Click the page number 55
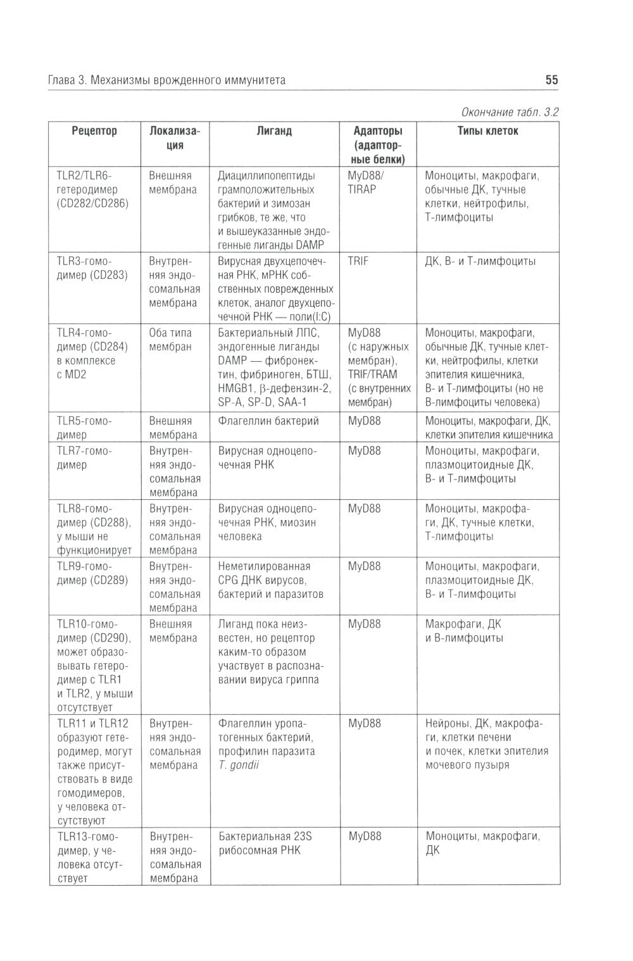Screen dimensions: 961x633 pyautogui.click(x=551, y=80)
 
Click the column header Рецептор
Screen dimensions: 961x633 pyautogui.click(x=94, y=131)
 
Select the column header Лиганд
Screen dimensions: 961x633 pyautogui.click(x=274, y=131)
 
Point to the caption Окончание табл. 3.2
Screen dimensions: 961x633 pyautogui.click(x=510, y=113)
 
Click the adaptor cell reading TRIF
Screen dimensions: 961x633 pyautogui.click(x=358, y=261)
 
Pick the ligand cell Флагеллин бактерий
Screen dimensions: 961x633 pyautogui.click(x=268, y=421)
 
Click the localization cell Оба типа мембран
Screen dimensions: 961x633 pyautogui.click(x=170, y=340)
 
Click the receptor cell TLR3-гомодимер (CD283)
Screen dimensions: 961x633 pyautogui.click(x=92, y=268)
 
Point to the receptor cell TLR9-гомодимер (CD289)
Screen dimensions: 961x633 pyautogui.click(x=92, y=573)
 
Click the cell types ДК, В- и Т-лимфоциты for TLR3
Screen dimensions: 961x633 pyautogui.click(x=480, y=261)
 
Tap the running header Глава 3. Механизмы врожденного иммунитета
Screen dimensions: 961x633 pyautogui.click(x=167, y=80)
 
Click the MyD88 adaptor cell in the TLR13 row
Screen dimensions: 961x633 pyautogui.click(x=365, y=836)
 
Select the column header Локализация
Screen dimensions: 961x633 pyautogui.click(x=174, y=138)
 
